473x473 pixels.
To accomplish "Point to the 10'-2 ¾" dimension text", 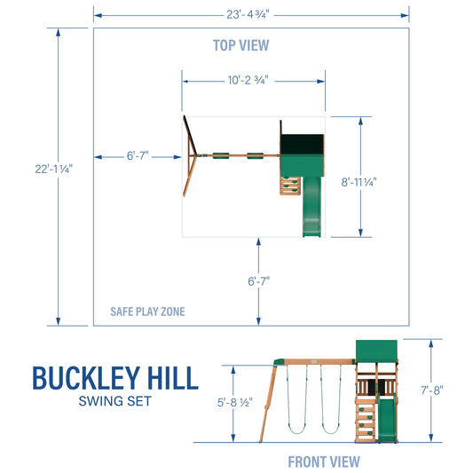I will tap(248, 80).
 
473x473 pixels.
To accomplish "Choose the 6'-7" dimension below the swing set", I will tap(259, 281).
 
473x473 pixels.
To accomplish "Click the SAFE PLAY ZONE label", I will tap(148, 311).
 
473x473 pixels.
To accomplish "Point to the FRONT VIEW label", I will tap(323, 461).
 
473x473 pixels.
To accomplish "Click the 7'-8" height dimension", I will tap(432, 388).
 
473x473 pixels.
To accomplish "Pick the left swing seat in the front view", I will tap(296, 430).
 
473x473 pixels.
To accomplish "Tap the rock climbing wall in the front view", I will tap(366, 416).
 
